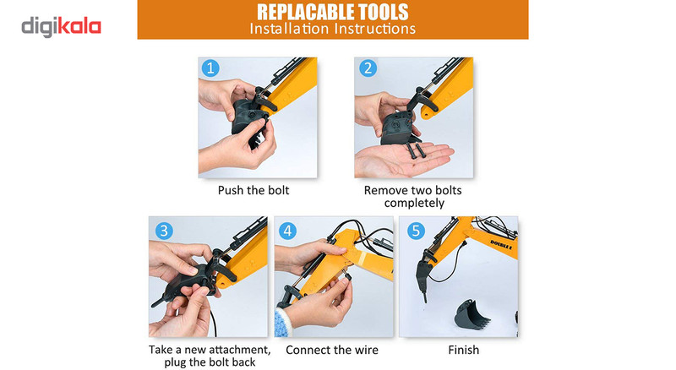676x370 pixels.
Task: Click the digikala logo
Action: (61, 27)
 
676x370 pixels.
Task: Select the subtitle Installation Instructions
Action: (332, 29)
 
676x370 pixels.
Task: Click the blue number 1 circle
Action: (210, 68)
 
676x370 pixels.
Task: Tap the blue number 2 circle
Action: (368, 68)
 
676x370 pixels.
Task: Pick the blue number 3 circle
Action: (164, 231)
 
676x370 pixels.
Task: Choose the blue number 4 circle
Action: (287, 231)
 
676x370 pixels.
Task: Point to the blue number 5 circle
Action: (416, 231)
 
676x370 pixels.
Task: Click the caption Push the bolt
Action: (253, 190)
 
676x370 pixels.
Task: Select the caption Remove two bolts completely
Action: (413, 197)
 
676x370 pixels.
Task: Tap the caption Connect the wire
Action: (332, 350)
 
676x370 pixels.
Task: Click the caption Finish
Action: (463, 350)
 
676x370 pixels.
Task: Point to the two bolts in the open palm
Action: (415, 150)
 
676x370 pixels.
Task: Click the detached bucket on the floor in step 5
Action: (471, 315)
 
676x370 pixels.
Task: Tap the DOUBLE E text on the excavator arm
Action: (501, 245)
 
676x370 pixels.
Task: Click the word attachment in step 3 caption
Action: (237, 350)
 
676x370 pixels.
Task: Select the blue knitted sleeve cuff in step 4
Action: (283, 320)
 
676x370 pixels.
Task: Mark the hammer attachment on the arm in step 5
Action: (423, 276)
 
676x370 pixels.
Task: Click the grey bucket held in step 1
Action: (249, 121)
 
